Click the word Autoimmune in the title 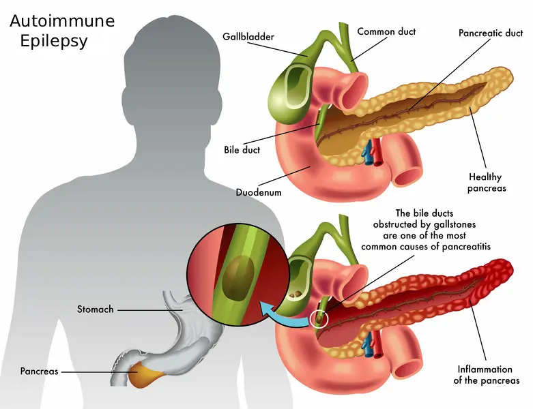tap(62, 21)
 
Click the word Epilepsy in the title tap(54, 41)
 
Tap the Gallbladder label tap(248, 36)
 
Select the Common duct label tap(386, 31)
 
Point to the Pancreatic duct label tap(491, 33)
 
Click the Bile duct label tap(242, 150)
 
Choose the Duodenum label tap(259, 192)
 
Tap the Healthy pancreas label tap(487, 182)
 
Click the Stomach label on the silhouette tap(95, 309)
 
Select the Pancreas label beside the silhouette tap(39, 371)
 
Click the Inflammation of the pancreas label tap(487, 375)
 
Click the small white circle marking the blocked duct tap(319, 320)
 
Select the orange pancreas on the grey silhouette tap(143, 375)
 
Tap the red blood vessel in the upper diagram tap(377, 152)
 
